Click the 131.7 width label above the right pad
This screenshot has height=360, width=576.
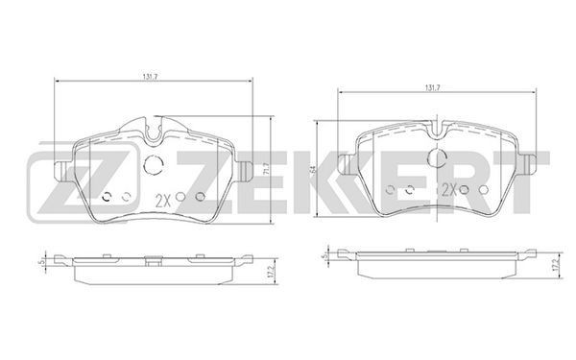point(433,87)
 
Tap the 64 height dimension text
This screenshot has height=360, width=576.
point(313,169)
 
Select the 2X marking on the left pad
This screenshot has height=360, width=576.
point(163,201)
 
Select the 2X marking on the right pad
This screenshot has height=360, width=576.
point(449,189)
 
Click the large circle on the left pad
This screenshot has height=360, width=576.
point(154,164)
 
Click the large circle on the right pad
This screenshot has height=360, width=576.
point(437,158)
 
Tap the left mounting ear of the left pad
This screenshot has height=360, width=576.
point(61,171)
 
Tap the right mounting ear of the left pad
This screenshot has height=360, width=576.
point(245,171)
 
